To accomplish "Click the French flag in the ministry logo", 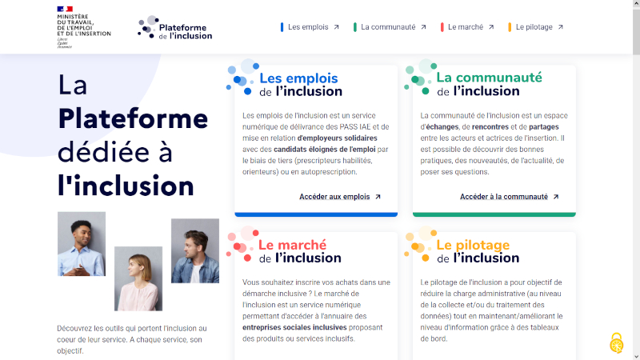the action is pos(65,9).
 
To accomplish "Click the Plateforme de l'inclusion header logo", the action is pos(174,28).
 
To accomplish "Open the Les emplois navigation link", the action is pos(310,27).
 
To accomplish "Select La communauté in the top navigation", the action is pos(390,27).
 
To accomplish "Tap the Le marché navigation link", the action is pos(467,27).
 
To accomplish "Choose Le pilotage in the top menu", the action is pos(536,27).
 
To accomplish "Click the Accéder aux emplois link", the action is pos(340,197).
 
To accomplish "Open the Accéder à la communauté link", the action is pos(510,197).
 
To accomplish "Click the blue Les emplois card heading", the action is pos(301,85).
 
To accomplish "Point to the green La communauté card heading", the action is pos(490,84).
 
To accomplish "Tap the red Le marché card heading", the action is pos(300,251).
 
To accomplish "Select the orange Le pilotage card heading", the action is pos(478,251).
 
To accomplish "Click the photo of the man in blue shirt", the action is pos(82,244).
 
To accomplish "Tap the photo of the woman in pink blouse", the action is pos(138,278).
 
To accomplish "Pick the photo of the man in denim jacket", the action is pos(195,250).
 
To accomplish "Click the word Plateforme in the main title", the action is pos(133,118).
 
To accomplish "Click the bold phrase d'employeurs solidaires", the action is pos(337,138).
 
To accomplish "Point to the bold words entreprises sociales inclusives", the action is pos(294,327).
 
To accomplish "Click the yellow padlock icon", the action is pos(617,343).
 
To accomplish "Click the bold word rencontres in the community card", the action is pos(490,127).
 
